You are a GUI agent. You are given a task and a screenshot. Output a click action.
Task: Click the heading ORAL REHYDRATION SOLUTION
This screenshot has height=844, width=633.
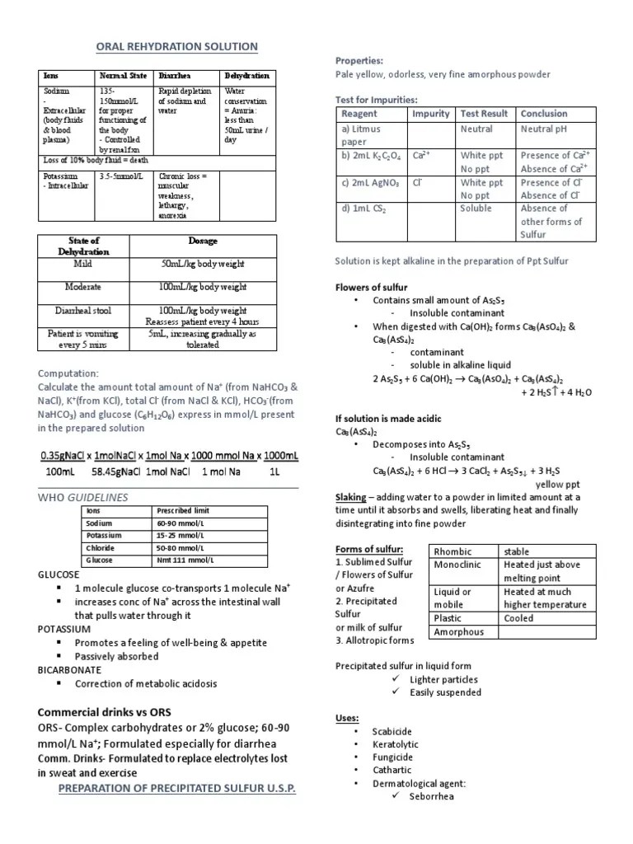(178, 47)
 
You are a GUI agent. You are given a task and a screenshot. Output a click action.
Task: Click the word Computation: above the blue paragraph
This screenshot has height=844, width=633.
(68, 373)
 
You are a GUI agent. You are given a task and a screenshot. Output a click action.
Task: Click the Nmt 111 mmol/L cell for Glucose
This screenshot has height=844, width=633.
(183, 560)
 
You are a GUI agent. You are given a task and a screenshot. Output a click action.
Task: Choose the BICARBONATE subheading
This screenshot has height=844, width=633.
(70, 670)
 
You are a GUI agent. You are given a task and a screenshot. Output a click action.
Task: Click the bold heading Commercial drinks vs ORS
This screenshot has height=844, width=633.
(103, 712)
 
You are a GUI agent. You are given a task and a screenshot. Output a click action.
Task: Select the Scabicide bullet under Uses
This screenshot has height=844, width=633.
(392, 731)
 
